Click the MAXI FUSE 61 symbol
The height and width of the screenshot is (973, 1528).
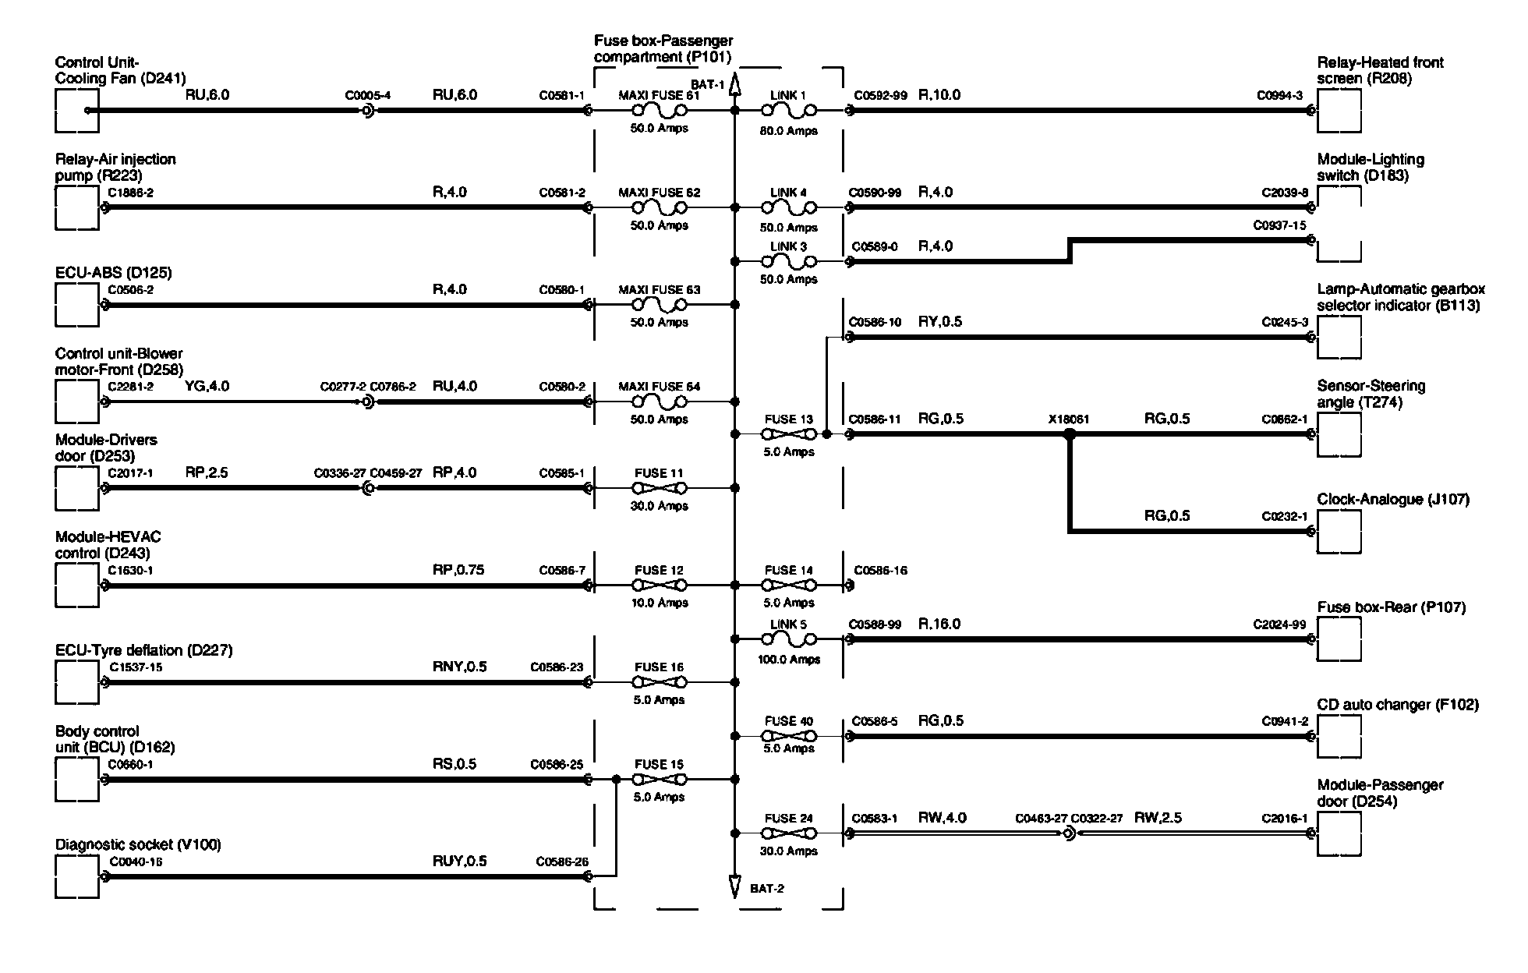(659, 111)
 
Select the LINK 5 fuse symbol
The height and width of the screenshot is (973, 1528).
(789, 639)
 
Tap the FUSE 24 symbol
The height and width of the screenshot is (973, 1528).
(789, 833)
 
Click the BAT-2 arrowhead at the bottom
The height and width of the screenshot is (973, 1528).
(734, 886)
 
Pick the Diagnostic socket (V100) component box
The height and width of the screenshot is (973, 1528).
(77, 877)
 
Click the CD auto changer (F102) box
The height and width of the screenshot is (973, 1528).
(1339, 737)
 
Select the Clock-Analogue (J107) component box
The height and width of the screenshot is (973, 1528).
(1339, 532)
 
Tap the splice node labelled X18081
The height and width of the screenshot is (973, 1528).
(1070, 434)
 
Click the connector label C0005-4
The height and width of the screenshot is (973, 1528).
(368, 96)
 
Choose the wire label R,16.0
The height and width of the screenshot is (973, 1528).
(939, 624)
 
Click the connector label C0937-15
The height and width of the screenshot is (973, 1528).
(1279, 226)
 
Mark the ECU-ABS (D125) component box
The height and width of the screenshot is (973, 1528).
(77, 305)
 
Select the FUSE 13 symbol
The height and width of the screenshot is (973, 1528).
(789, 434)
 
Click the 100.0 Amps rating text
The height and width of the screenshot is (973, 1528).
(789, 660)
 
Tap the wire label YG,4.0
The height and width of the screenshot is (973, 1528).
(207, 386)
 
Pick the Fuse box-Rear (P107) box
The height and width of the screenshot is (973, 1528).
(1339, 639)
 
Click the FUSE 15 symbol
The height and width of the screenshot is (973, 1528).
(659, 779)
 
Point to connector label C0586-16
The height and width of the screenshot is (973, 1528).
(880, 571)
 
